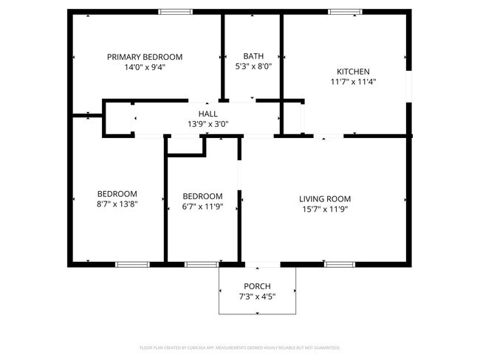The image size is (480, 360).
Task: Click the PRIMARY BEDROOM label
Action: pyautogui.click(x=145, y=57)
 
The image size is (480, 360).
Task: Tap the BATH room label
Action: pyautogui.click(x=253, y=56)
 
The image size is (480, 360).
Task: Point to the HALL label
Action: pyautogui.click(x=208, y=114)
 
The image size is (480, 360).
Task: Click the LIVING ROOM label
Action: pyautogui.click(x=324, y=198)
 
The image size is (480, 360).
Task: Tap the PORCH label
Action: pyautogui.click(x=257, y=286)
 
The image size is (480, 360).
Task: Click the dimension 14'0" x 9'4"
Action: pyautogui.click(x=145, y=66)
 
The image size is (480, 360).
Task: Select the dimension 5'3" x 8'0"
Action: pyautogui.click(x=253, y=66)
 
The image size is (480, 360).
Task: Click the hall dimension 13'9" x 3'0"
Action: pyautogui.click(x=208, y=123)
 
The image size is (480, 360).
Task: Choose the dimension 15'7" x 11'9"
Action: pyautogui.click(x=324, y=209)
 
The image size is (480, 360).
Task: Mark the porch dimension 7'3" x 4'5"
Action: pyautogui.click(x=257, y=297)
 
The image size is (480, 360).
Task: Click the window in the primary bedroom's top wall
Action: pyautogui.click(x=176, y=12)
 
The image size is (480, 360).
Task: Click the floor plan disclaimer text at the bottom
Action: pyautogui.click(x=240, y=347)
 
